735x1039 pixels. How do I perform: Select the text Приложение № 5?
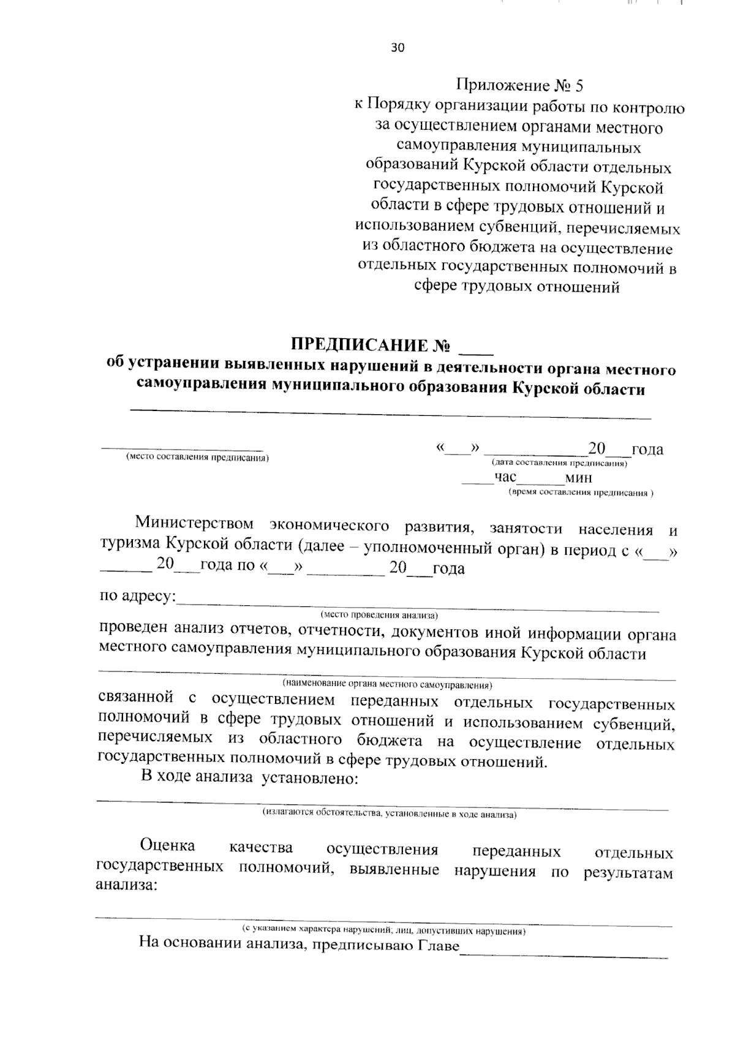524,85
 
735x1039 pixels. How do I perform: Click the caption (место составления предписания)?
197,458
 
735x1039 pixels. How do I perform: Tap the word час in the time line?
506,477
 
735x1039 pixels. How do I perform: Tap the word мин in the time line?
578,478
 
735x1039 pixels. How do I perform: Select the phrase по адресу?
137,596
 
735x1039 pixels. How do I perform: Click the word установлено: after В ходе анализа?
309,778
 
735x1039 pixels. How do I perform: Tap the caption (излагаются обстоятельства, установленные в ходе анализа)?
390,813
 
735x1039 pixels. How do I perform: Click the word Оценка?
167,845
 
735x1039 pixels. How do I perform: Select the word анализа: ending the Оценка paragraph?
126,885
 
